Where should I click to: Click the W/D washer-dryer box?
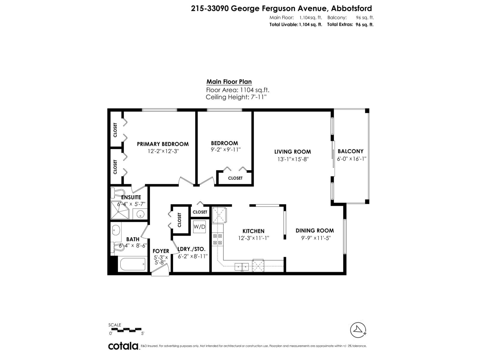pos(199,227)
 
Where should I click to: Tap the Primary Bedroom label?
pos(163,144)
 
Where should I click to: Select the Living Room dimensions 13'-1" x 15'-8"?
pos(293,159)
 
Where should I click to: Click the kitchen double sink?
pos(241,266)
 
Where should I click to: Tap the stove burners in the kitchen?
pos(217,239)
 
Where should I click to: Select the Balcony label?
pos(350,151)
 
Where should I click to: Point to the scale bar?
pos(125,329)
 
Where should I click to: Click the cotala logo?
pos(123,346)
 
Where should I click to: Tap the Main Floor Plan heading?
pos(229,82)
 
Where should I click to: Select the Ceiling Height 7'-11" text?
pos(236,97)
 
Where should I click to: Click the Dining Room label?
pos(315,230)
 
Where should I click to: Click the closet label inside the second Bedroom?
pos(235,178)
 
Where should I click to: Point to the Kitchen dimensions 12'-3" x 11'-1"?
pos(253,238)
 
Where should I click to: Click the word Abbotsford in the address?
pos(351,8)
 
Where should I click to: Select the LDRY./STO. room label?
pos(192,249)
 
